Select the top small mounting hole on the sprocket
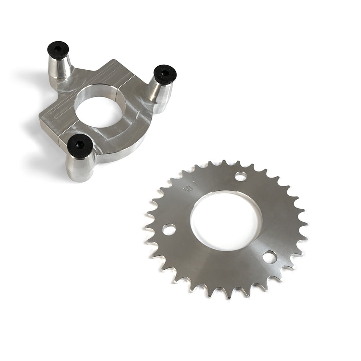240,176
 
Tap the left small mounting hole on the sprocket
169,229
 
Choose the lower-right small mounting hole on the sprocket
270,257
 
